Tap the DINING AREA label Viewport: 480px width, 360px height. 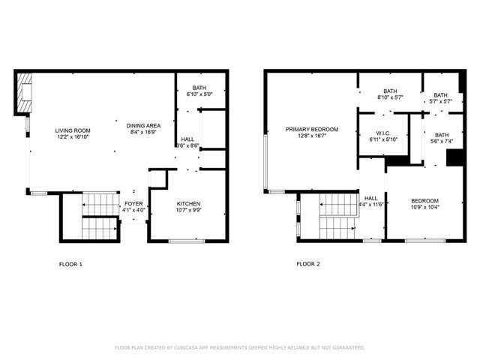pos(142,125)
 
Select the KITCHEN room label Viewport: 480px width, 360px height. pos(188,203)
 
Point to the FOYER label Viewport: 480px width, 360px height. pos(133,203)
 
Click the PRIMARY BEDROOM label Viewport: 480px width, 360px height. pos(311,130)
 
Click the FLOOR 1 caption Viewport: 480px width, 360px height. pos(70,264)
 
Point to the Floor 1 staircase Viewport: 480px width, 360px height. pos(96,216)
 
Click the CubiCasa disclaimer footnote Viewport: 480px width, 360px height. pos(239,347)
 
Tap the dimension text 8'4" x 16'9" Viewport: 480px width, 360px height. pos(142,133)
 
